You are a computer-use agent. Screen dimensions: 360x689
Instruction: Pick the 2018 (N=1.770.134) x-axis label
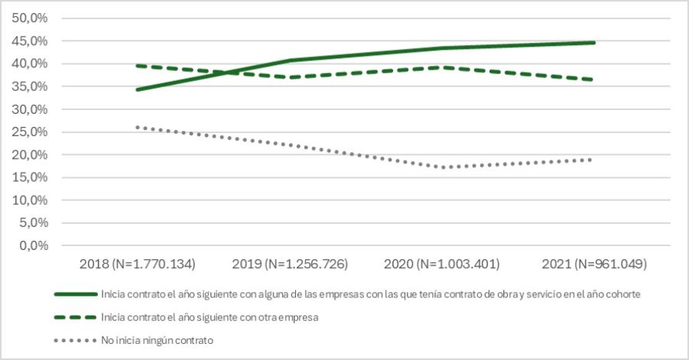[137, 264]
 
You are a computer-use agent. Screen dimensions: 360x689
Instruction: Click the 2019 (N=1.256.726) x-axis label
[289, 264]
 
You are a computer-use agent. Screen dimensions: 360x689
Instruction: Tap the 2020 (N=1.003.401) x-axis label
[441, 264]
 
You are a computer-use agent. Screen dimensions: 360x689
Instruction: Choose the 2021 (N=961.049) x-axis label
[593, 264]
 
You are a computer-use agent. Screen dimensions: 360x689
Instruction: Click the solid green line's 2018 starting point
[138, 89]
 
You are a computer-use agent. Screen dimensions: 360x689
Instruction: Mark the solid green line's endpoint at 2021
[593, 43]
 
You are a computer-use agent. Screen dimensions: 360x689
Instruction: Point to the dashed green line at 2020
[441, 67]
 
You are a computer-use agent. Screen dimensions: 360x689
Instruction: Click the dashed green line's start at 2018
[138, 66]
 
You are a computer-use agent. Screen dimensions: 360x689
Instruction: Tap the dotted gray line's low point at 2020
[441, 167]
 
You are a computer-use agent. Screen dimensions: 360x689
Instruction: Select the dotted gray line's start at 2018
[138, 127]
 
